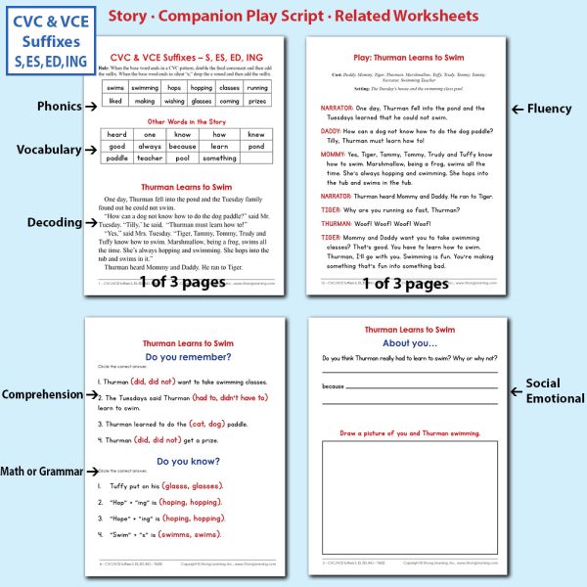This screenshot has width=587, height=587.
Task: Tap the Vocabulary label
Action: [x=48, y=149]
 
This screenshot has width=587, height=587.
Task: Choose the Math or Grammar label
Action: [x=42, y=472]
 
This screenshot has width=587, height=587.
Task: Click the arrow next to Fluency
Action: [x=516, y=109]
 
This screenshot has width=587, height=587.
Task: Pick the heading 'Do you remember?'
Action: [x=186, y=357]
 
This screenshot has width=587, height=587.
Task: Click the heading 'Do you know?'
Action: [x=186, y=461]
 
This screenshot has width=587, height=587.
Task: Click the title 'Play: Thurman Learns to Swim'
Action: [x=409, y=59]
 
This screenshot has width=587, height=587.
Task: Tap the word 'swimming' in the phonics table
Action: [x=144, y=87]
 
